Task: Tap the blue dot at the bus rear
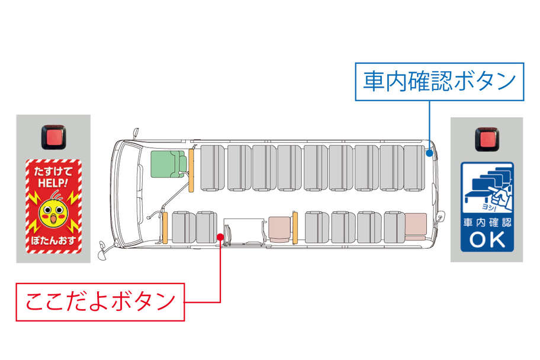429,153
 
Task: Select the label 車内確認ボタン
439,82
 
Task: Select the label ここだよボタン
100,302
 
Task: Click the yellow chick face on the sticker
53,214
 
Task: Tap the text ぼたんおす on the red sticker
53,243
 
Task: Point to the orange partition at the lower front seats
165,227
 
